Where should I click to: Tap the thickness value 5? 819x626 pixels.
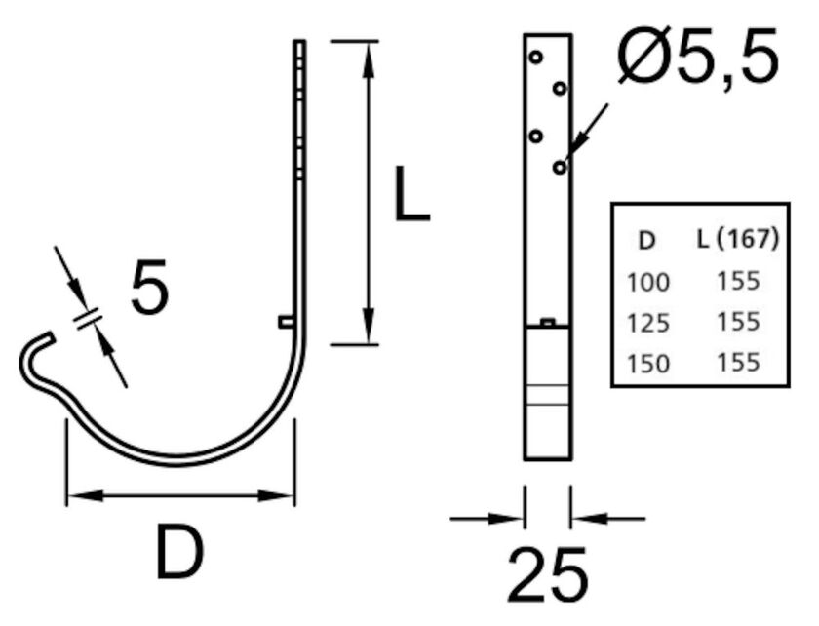click(x=149, y=288)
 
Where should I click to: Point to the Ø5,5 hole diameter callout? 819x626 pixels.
click(x=697, y=56)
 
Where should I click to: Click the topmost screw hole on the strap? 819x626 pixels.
click(x=535, y=58)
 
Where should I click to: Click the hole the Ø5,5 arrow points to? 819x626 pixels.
click(x=559, y=168)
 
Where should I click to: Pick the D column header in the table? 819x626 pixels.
click(x=644, y=240)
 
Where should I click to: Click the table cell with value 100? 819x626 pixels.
click(x=648, y=283)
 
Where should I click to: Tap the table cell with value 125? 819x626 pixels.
click(x=648, y=323)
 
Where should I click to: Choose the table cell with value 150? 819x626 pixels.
click(x=648, y=364)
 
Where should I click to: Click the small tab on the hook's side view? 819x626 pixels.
click(x=286, y=321)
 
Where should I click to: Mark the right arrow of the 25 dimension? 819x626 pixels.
click(x=585, y=519)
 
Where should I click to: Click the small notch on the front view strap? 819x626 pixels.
click(x=547, y=321)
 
